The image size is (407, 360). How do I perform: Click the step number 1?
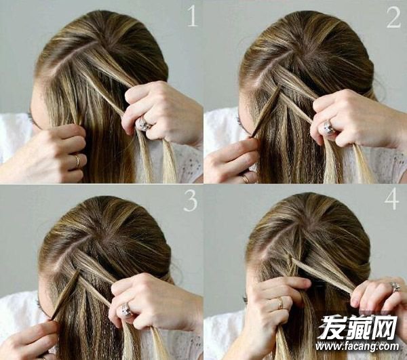pyautogui.click(x=193, y=16)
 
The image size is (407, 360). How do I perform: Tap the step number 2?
pyautogui.click(x=393, y=17)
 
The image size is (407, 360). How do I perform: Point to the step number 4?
pyautogui.click(x=392, y=199)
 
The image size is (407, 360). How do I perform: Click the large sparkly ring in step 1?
pyautogui.click(x=144, y=124)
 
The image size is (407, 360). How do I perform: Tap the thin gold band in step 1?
pyautogui.click(x=77, y=161)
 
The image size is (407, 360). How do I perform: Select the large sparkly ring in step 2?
pyautogui.click(x=328, y=128)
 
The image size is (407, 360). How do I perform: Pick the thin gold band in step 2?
pyautogui.click(x=245, y=179)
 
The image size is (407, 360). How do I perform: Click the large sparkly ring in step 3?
pyautogui.click(x=126, y=311)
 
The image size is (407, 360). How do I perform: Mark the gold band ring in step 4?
pyautogui.click(x=280, y=303)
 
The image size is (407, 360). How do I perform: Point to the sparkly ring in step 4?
pyautogui.click(x=395, y=287)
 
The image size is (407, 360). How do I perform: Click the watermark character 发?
pyautogui.click(x=332, y=327)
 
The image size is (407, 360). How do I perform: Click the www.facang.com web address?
pyautogui.click(x=357, y=346)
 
